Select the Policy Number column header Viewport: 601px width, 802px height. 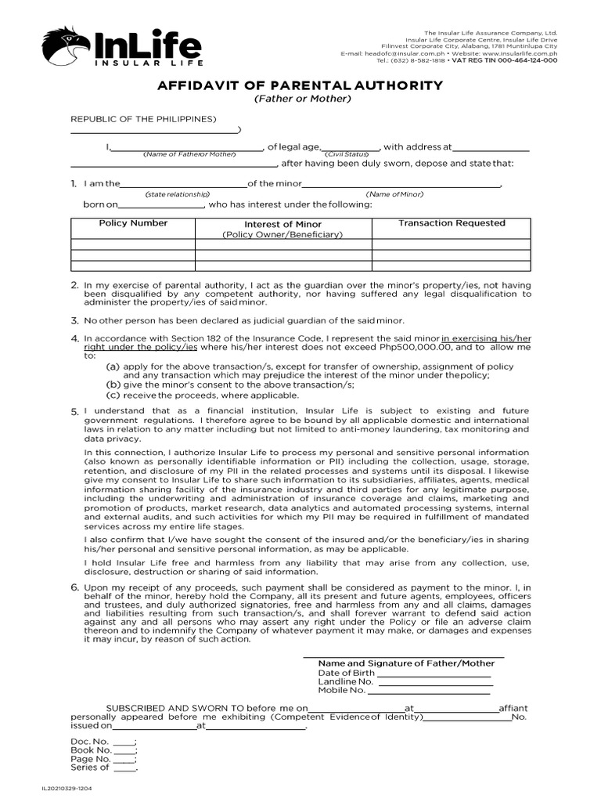133,223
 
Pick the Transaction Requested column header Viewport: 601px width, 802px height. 452,223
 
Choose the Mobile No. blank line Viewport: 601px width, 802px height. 430,692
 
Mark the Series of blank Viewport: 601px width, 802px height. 124,768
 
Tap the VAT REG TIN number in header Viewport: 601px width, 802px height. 525,60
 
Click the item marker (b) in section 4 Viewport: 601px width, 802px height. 113,385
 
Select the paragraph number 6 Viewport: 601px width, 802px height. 74,587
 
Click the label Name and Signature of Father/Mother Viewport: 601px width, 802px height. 406,663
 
